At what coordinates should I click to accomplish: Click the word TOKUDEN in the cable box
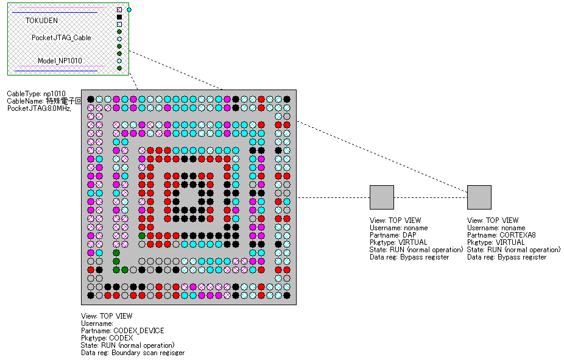point(42,20)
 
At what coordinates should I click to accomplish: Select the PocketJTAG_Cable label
point(62,38)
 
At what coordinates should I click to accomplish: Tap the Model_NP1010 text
point(60,61)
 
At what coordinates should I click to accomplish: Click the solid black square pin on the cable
point(119,17)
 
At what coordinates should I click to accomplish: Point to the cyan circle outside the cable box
point(129,10)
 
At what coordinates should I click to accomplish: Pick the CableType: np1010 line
point(36,94)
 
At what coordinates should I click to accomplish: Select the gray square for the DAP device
point(382,197)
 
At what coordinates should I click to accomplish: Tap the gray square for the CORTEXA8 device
point(479,197)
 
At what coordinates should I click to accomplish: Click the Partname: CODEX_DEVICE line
point(122,331)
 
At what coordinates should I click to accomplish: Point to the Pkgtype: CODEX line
point(107,338)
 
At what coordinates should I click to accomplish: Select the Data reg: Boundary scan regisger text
point(133,353)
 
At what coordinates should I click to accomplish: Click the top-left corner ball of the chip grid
point(91,99)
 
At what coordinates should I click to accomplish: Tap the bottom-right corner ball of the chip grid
point(287,295)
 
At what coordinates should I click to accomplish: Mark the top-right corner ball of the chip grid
point(287,99)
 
